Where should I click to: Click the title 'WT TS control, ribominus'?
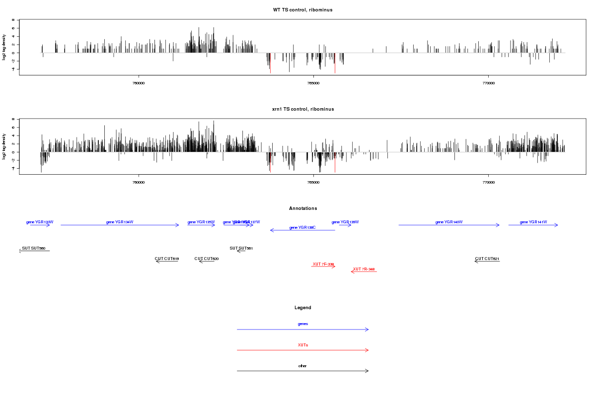302,9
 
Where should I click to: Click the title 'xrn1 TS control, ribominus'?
302,109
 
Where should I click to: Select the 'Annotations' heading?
303,208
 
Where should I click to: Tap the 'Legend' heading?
303,308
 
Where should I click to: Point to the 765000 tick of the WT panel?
313,83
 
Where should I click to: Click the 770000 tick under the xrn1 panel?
488,182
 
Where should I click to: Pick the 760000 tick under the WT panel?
139,83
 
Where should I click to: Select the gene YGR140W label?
449,222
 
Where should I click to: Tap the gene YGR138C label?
302,227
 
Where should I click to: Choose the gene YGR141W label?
533,222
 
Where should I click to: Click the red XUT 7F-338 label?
323,264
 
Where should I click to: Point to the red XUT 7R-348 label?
364,269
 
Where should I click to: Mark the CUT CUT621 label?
487,259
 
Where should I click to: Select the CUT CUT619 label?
167,259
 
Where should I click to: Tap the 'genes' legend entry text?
303,324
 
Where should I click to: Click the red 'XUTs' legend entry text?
303,344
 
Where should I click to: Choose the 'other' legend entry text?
302,366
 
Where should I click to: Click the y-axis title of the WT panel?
5,47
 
